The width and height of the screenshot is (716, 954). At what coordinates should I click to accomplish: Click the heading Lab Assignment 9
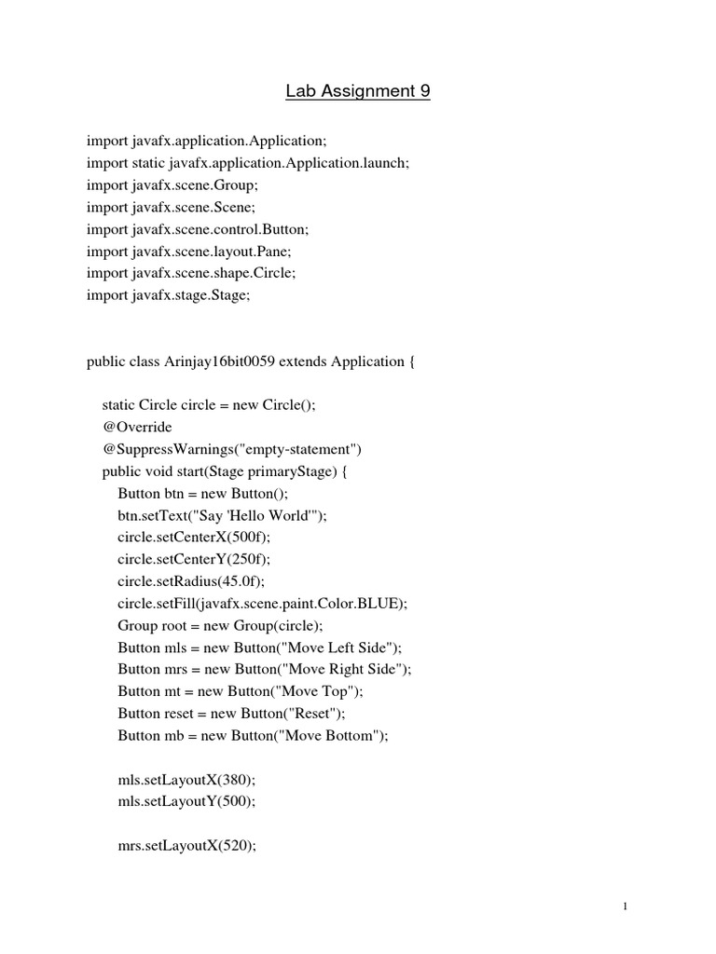358,91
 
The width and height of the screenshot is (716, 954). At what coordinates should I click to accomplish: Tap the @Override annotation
137,427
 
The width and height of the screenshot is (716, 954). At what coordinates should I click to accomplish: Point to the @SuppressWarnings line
232,448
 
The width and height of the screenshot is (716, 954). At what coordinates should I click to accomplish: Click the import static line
248,162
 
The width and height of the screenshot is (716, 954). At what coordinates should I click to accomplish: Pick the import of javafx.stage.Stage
169,295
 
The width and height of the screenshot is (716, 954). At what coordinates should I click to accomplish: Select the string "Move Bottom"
336,736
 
